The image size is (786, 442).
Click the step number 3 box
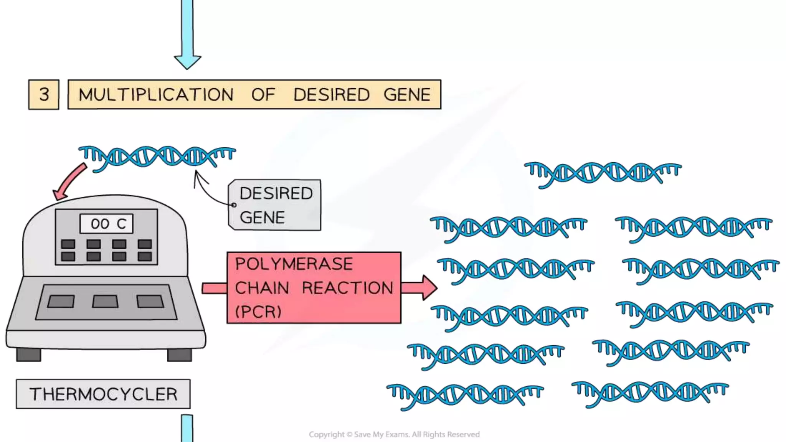44,94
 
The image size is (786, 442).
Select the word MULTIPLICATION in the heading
156,95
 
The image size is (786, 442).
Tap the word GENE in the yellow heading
407,95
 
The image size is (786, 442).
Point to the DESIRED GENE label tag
275,205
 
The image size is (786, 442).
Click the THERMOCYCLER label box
103,394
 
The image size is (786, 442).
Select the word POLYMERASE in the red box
294,264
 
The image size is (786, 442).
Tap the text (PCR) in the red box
258,312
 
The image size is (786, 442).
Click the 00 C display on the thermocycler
107,224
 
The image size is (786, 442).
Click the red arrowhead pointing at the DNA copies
428,287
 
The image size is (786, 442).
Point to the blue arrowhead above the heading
187,61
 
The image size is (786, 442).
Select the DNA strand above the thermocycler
157,157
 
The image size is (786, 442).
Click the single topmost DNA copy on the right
603,173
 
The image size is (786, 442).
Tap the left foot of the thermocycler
28,355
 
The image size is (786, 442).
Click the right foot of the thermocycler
180,355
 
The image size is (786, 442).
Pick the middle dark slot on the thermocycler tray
105,302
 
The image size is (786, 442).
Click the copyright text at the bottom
394,434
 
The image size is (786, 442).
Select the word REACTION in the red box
347,288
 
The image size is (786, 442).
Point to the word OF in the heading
263,95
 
